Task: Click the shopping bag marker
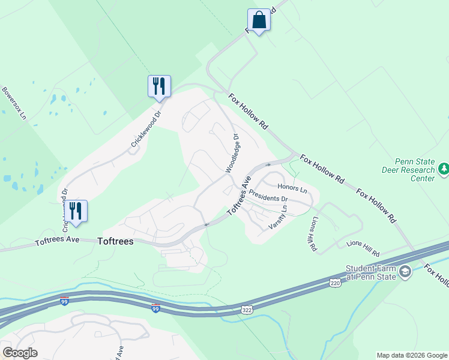(259, 20)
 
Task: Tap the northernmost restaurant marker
(159, 86)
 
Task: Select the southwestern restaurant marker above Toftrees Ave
(76, 211)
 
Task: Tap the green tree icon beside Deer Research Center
(444, 170)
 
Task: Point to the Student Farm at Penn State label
(370, 272)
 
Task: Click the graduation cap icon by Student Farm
(406, 272)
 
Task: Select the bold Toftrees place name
(115, 242)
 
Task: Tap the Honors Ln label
(292, 188)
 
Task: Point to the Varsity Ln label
(277, 218)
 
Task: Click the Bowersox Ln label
(15, 103)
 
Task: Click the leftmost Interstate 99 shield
(64, 301)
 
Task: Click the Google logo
(20, 353)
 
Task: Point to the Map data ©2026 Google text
(411, 355)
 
